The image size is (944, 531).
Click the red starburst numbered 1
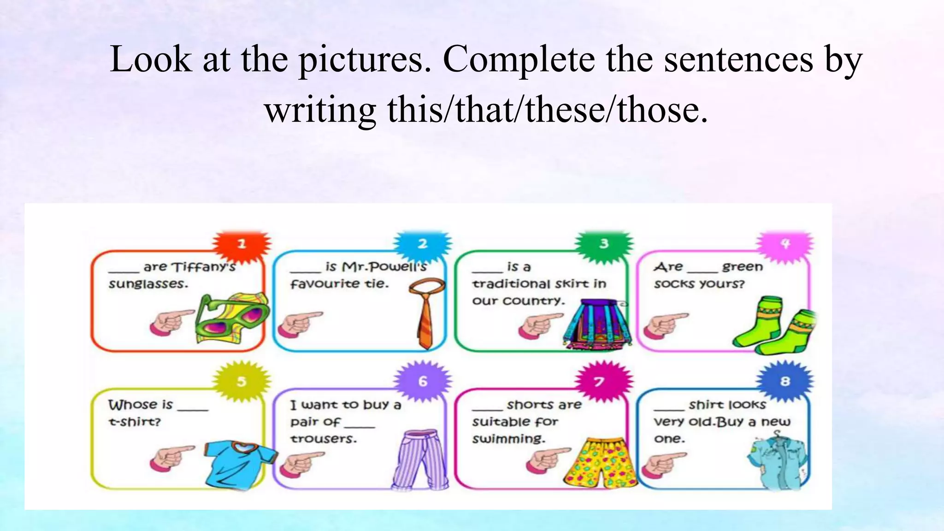click(x=242, y=244)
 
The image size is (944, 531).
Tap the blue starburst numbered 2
click(x=423, y=244)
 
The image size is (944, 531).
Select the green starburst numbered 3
click(x=604, y=244)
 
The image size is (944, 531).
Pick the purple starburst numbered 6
click(x=423, y=382)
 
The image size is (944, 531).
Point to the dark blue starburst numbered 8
click(x=785, y=382)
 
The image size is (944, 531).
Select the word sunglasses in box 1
click(x=148, y=284)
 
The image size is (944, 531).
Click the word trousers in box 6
click(x=324, y=439)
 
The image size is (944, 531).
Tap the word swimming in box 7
click(x=508, y=439)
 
